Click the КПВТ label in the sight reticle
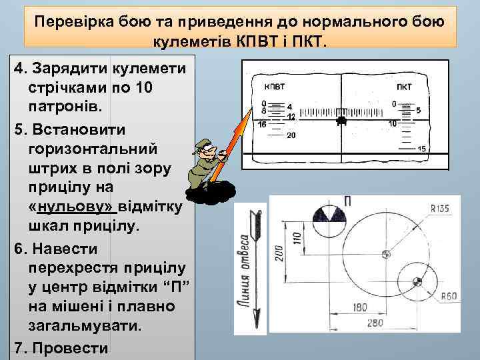tap(274, 87)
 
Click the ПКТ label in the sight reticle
tap(403, 87)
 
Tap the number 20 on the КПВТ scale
tap(291, 135)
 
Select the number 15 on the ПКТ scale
tap(421, 149)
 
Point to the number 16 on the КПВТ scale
tap(262, 125)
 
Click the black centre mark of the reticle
tap(341, 121)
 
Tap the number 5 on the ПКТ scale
tap(418, 111)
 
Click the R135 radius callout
tap(440, 209)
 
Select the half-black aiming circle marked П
tap(325, 221)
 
